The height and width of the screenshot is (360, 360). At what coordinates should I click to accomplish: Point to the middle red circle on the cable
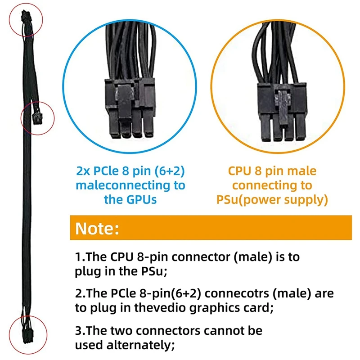[37, 117]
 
